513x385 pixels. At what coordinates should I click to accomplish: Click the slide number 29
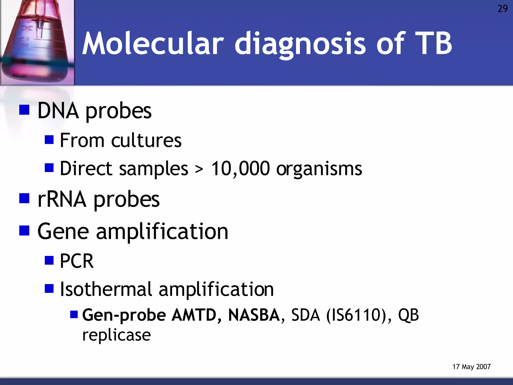(x=502, y=9)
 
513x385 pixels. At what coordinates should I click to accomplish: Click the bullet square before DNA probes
(x=24, y=110)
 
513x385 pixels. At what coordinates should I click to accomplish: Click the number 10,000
(x=240, y=169)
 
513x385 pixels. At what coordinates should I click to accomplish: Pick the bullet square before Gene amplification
(x=24, y=231)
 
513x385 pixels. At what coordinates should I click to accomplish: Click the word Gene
(x=63, y=231)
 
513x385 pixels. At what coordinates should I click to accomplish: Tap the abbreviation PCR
(x=77, y=261)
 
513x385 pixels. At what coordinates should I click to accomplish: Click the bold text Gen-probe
(x=124, y=315)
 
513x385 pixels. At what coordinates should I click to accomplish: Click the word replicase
(x=116, y=335)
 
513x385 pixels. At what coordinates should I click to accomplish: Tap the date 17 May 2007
(x=471, y=367)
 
